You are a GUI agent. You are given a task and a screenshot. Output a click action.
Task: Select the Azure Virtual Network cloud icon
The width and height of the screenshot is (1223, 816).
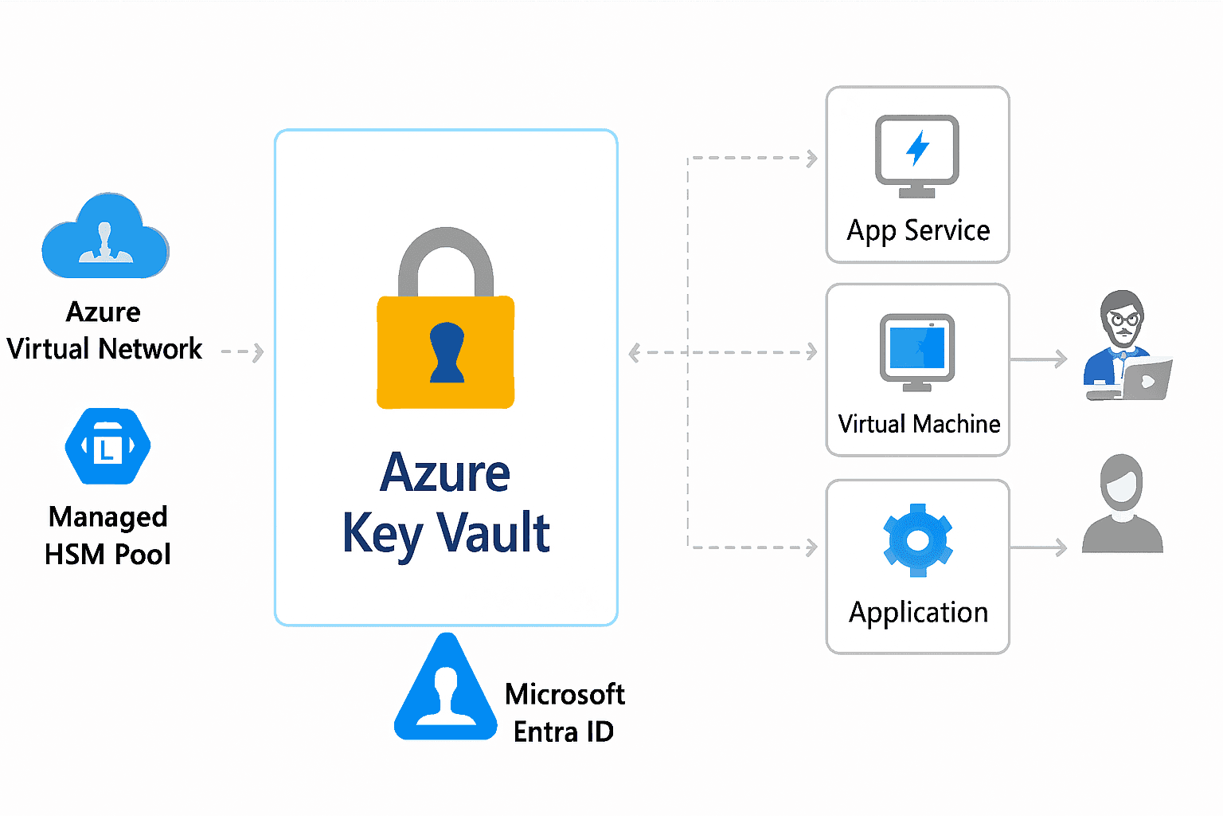(105, 237)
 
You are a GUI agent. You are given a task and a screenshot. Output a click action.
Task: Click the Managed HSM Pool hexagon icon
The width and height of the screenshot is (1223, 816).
(107, 446)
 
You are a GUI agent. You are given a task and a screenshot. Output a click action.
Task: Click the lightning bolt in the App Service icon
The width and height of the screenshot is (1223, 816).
(918, 148)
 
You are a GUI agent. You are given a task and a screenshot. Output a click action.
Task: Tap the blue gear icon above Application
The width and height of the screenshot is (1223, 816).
(918, 540)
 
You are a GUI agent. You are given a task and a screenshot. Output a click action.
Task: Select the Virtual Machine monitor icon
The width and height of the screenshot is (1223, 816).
(917, 351)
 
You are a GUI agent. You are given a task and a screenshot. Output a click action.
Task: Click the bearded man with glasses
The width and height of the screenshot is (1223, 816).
(1124, 347)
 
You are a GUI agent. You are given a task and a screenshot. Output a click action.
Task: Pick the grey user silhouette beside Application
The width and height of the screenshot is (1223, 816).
(1122, 505)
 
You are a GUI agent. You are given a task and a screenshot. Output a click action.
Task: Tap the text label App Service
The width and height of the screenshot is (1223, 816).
(918, 230)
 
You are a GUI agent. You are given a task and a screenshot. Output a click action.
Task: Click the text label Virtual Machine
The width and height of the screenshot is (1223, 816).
(919, 424)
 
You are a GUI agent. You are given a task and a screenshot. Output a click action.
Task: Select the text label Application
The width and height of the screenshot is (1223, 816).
(918, 612)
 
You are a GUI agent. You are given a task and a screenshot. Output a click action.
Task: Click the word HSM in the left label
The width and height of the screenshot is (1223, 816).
(72, 555)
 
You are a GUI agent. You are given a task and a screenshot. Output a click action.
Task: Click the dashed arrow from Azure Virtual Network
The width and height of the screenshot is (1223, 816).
(242, 351)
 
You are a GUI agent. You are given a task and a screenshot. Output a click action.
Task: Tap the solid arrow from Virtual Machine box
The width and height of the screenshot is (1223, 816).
(1038, 359)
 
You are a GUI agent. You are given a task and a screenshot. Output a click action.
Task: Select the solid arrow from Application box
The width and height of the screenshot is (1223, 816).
(1038, 547)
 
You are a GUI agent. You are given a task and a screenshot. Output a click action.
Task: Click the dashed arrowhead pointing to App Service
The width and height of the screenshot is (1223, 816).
(811, 158)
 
